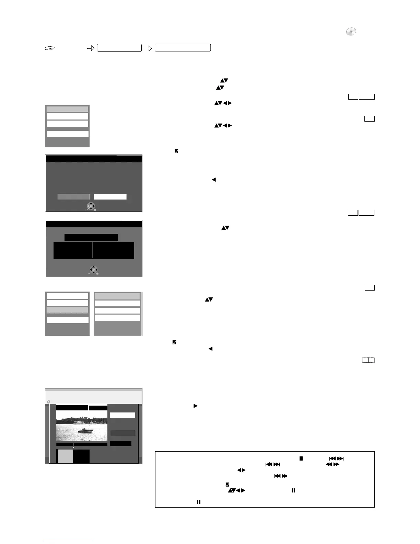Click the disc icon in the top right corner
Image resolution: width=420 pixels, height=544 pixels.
(x=351, y=32)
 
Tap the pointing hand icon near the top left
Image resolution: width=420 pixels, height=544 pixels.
(x=50, y=48)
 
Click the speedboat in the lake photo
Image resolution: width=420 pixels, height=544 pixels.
(x=85, y=431)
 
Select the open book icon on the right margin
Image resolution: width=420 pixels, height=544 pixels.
(x=368, y=360)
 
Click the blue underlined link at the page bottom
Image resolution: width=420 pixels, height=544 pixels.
(x=68, y=541)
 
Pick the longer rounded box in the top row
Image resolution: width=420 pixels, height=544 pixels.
(x=183, y=48)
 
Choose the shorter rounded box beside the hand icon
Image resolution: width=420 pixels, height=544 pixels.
(x=119, y=48)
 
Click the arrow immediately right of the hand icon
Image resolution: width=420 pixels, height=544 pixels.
(x=91, y=48)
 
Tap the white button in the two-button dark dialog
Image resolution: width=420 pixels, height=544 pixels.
(x=110, y=197)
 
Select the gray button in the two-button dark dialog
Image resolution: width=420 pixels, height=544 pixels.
(x=73, y=197)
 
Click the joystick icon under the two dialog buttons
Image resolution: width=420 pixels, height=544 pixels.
(x=91, y=206)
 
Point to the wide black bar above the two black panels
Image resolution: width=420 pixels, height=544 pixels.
(x=91, y=237)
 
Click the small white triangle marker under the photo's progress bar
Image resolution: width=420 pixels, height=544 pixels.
(x=73, y=447)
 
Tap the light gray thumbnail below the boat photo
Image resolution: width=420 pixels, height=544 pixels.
(x=65, y=456)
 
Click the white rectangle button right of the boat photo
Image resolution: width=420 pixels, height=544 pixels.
(x=122, y=415)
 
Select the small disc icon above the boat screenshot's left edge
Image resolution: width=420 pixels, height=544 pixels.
(x=48, y=401)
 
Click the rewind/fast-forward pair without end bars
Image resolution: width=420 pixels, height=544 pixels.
(x=332, y=464)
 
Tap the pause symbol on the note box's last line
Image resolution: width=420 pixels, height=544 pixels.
(x=198, y=502)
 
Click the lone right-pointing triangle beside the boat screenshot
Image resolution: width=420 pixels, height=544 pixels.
(x=195, y=406)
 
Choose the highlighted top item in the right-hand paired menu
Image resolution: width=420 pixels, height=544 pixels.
(x=117, y=296)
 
